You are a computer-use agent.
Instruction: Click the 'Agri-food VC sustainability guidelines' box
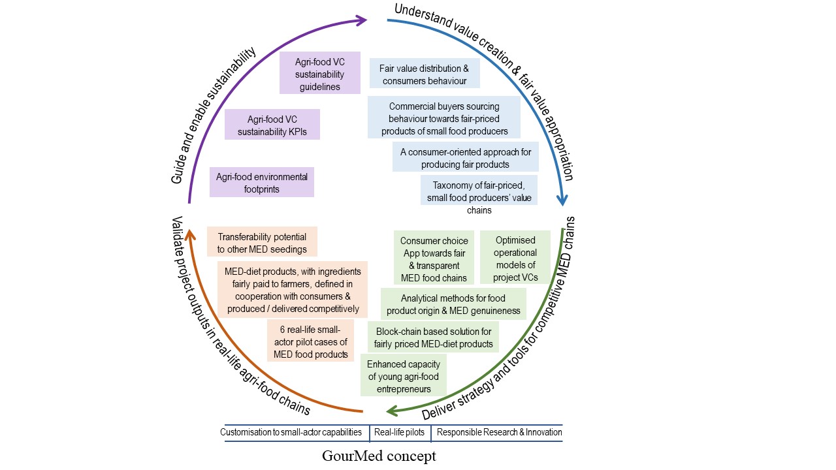(319, 72)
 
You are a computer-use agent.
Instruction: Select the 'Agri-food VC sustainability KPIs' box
(272, 124)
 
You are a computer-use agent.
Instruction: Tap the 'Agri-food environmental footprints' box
(261, 182)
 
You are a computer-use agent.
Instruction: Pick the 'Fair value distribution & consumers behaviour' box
(425, 74)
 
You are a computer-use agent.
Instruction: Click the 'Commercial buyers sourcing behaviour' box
(443, 117)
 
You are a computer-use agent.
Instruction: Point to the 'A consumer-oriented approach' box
(465, 157)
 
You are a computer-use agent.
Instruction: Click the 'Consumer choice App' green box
(434, 259)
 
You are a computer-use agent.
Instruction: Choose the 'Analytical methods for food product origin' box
(453, 304)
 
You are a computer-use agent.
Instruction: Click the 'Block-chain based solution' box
(433, 337)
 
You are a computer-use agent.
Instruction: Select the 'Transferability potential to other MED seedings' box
(261, 242)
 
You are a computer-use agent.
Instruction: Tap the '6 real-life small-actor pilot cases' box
(310, 340)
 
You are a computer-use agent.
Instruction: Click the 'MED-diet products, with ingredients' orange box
(292, 289)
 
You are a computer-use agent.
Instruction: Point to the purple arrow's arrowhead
(362, 20)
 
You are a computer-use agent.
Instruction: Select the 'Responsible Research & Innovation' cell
(498, 432)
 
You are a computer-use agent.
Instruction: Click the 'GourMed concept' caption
(379, 456)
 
